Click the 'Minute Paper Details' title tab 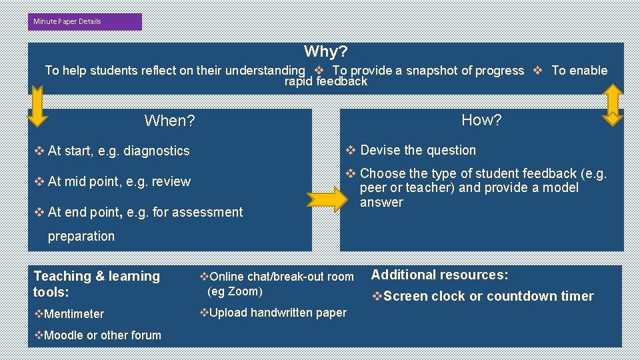tap(68, 21)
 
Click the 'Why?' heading tap(325, 51)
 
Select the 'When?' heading tap(169, 121)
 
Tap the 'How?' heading tap(481, 120)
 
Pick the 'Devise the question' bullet tap(411, 150)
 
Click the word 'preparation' tap(81, 236)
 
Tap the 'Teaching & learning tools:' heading tap(97, 284)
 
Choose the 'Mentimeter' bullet tap(70, 313)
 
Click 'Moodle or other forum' tap(98, 335)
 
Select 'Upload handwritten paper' tap(274, 312)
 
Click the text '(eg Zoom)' tap(235, 291)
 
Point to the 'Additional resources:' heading tap(439, 275)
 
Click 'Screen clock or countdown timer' tap(483, 296)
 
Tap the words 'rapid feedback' tap(325, 81)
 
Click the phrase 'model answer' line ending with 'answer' tap(381, 202)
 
